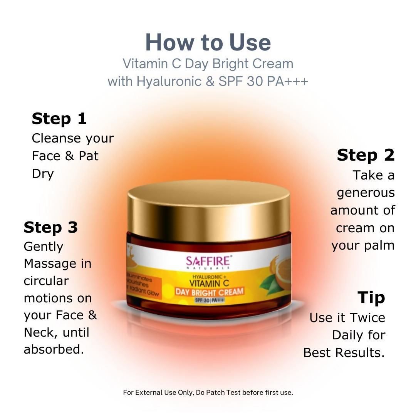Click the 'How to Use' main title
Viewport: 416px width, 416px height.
pyautogui.click(x=208, y=42)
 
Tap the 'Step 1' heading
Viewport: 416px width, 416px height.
pyautogui.click(x=59, y=119)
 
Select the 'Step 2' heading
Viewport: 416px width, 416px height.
pyautogui.click(x=366, y=155)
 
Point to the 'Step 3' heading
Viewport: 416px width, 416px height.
pyautogui.click(x=50, y=227)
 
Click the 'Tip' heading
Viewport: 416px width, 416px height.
pyautogui.click(x=371, y=297)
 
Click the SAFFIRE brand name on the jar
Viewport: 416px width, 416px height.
pyautogui.click(x=208, y=261)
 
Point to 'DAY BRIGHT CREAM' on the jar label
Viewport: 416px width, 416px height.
pyautogui.click(x=209, y=292)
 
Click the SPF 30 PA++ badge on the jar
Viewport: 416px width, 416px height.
pyautogui.click(x=209, y=300)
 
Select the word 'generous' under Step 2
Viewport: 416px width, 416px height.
pyautogui.click(x=366, y=193)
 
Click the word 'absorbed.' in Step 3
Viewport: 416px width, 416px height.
pyautogui.click(x=54, y=349)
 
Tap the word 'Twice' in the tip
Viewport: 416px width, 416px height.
pyautogui.click(x=366, y=318)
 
